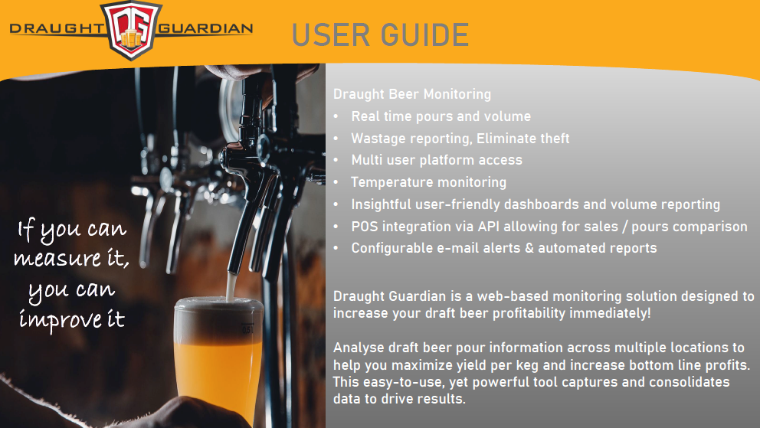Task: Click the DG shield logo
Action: point(132,30)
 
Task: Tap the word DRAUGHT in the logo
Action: point(57,28)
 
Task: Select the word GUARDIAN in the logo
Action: point(205,28)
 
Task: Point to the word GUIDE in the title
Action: point(424,35)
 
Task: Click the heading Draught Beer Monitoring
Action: point(412,94)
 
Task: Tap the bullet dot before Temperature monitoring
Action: point(336,182)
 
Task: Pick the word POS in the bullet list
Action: point(363,227)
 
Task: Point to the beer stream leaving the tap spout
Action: point(231,286)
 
